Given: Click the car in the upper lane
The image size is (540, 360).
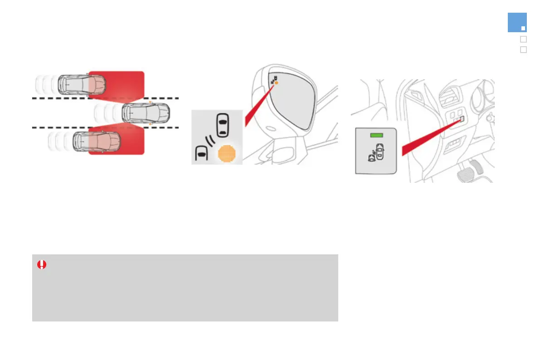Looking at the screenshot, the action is click(84, 84).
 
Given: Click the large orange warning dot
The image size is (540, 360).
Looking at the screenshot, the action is click(228, 154).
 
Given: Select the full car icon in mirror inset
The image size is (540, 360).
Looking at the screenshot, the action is click(222, 125).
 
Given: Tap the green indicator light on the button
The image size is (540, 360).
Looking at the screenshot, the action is click(376, 135).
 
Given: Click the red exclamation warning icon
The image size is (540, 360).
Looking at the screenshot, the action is click(42, 264).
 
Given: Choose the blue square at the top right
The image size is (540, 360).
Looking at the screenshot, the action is click(517, 23).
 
